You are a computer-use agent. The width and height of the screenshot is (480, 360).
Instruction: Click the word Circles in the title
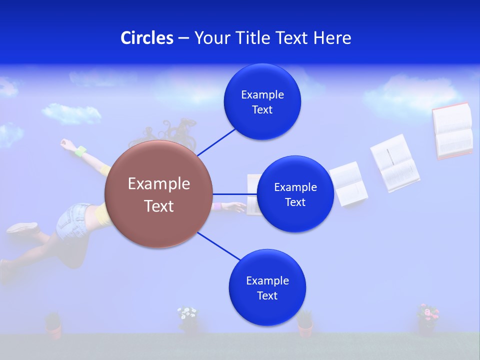(146, 38)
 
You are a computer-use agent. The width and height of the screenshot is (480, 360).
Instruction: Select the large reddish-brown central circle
(158, 194)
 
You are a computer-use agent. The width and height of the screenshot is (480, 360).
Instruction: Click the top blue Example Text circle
(262, 101)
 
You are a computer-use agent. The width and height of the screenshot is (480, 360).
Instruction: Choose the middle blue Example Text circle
(295, 194)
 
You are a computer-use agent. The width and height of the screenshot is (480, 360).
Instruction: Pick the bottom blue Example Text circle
(267, 287)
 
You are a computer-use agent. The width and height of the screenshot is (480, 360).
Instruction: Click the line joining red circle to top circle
(216, 142)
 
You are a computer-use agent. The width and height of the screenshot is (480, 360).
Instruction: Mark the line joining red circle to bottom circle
(219, 245)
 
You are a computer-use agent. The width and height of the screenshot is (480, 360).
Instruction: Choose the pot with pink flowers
(427, 319)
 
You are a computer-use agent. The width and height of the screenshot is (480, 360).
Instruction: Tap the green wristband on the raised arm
(80, 150)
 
